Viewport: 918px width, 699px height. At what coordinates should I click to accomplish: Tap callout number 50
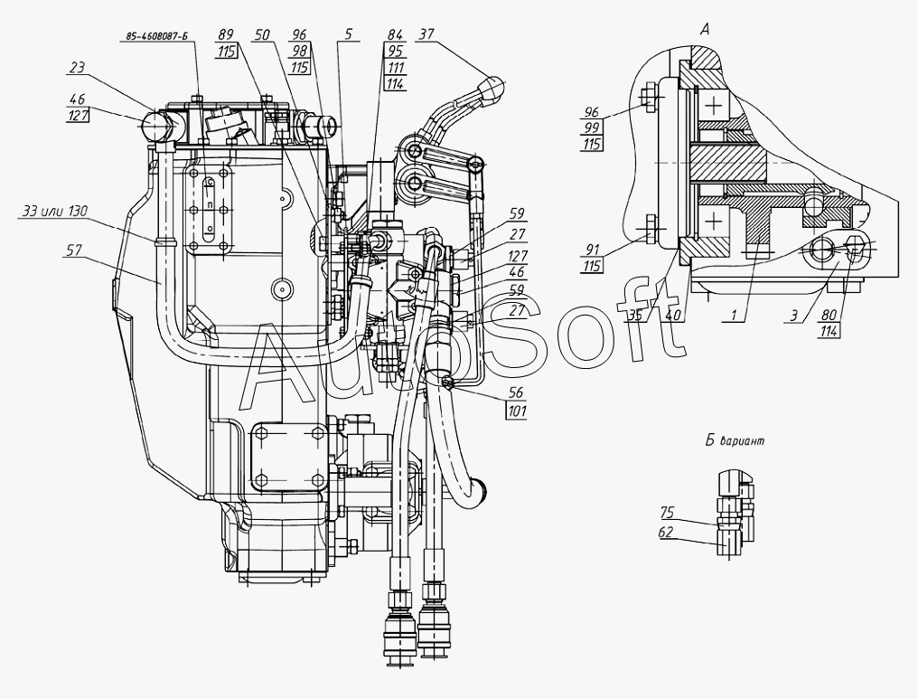point(263,34)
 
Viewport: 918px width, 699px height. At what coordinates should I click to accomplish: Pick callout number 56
point(516,394)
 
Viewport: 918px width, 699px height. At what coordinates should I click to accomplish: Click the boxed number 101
point(517,411)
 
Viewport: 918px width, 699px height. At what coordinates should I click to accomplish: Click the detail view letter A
point(704,28)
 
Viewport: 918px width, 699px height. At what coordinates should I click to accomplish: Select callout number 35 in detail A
point(637,316)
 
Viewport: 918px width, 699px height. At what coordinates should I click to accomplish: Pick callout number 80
point(830,316)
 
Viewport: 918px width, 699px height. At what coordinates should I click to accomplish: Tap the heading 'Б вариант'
point(735,442)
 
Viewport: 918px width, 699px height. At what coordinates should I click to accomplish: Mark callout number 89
point(225,34)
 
